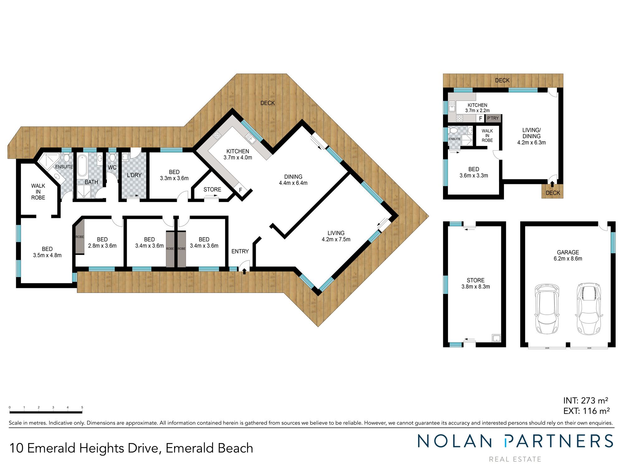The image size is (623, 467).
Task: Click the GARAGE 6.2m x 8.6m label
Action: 568,255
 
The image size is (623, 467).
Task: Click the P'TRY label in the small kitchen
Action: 493,118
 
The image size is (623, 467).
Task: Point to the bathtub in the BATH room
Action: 83,165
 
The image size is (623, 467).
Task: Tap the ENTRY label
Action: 240,251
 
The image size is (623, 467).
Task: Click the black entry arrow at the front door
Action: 244,271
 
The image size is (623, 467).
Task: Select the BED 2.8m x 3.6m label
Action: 102,243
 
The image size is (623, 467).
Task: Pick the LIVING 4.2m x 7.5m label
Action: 336,236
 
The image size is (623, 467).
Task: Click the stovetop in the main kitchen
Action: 217,135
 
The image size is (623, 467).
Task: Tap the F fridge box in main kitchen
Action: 240,190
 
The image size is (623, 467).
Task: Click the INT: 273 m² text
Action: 586,400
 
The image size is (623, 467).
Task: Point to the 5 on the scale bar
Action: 82,407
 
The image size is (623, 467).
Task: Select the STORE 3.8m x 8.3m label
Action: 475,283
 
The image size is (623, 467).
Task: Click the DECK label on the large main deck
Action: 268,103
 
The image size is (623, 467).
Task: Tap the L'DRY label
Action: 134,175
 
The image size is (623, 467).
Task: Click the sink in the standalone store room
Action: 496,338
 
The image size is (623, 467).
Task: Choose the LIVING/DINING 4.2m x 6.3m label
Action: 531,136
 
